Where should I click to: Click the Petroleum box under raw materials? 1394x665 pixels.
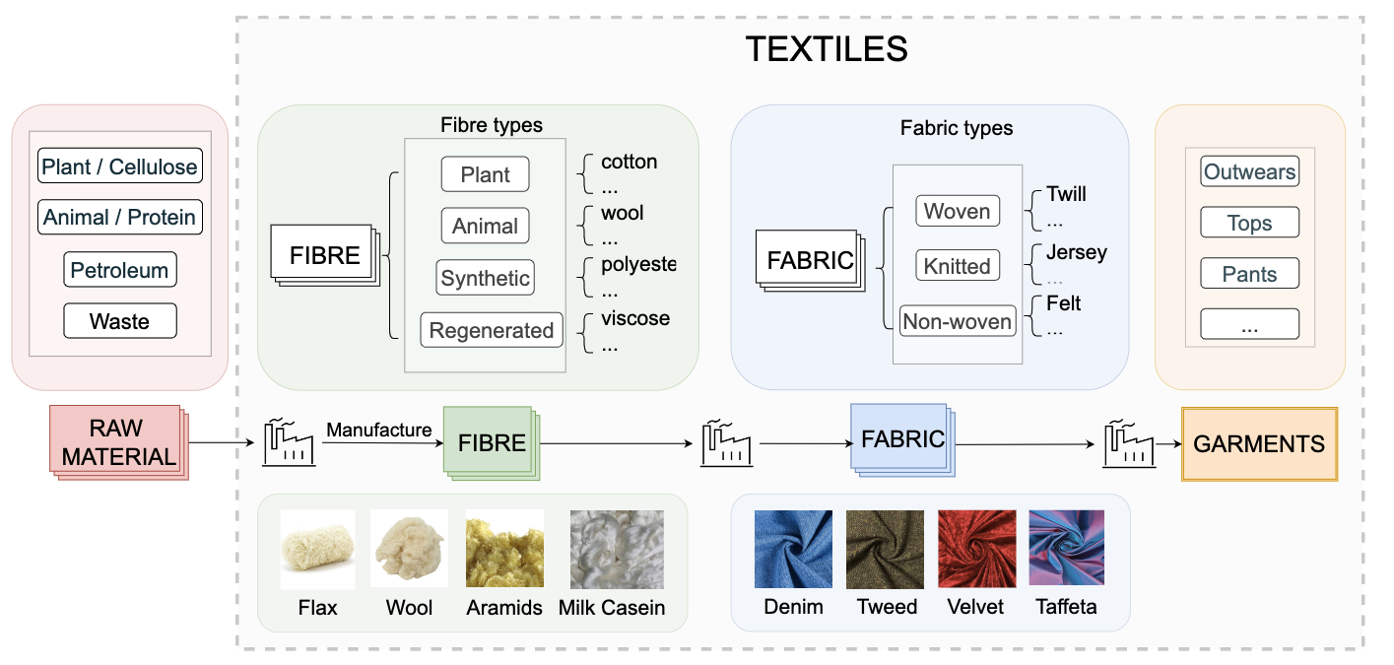(x=119, y=270)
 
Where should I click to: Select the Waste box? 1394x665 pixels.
(x=119, y=321)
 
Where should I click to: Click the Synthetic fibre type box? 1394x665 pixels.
(x=485, y=278)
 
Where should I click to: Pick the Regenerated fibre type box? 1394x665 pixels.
(x=492, y=330)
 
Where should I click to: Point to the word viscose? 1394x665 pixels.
(x=635, y=318)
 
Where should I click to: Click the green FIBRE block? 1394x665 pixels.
(x=491, y=442)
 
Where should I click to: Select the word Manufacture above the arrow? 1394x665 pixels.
(x=379, y=430)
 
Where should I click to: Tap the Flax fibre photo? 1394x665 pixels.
(x=318, y=549)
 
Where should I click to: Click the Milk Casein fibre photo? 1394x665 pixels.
(x=617, y=549)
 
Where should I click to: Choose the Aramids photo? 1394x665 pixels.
(x=504, y=549)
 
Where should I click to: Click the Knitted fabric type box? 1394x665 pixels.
(x=957, y=266)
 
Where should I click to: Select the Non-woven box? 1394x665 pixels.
(x=957, y=321)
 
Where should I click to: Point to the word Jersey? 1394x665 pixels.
(x=1077, y=252)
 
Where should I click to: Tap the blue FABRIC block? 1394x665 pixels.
(x=901, y=439)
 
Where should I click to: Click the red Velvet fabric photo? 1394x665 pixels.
(x=976, y=549)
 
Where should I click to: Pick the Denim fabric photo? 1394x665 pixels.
(x=793, y=549)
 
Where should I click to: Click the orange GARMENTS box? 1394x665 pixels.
(x=1259, y=443)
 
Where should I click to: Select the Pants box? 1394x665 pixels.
(x=1249, y=274)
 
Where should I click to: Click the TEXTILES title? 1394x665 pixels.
(x=826, y=48)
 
